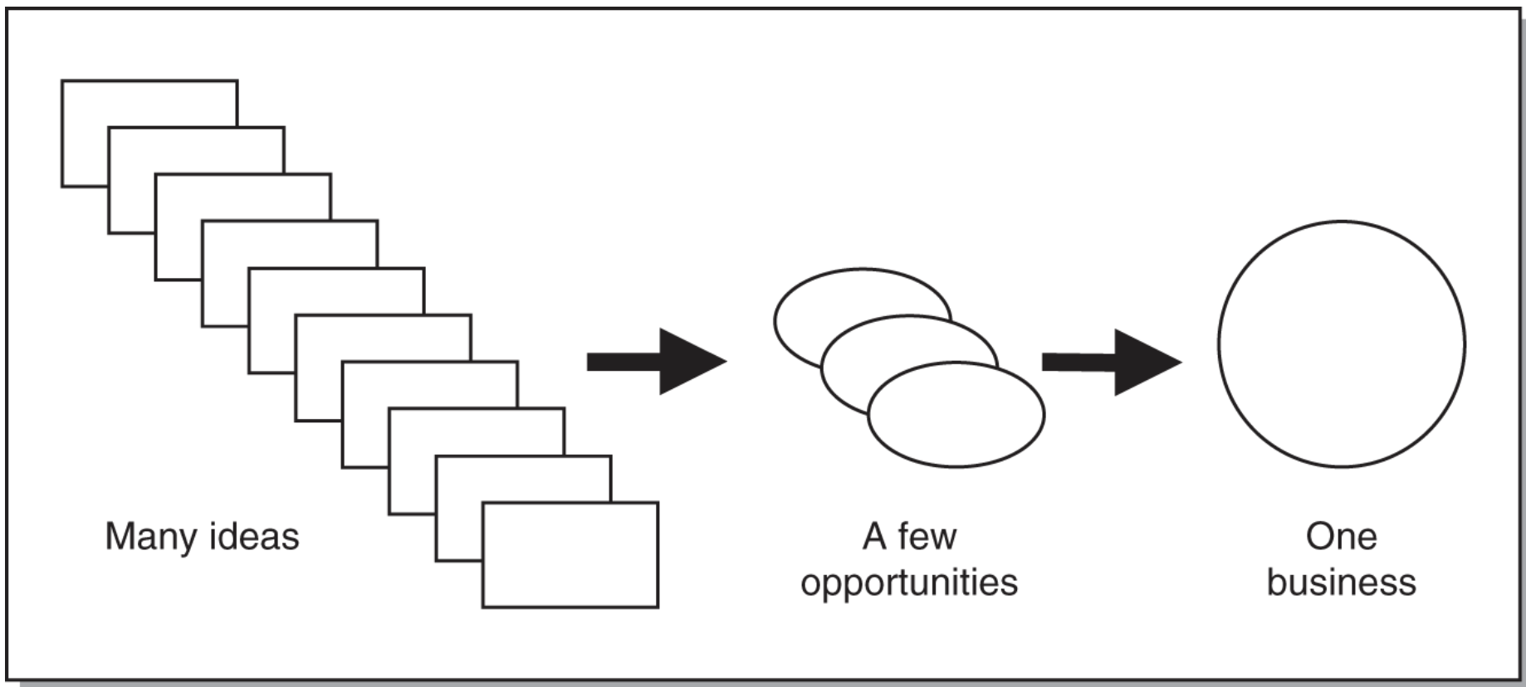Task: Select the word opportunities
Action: pos(909,582)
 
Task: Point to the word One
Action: pos(1341,537)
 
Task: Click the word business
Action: pos(1341,582)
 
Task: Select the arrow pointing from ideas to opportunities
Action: pos(656,362)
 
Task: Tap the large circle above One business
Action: pos(1341,343)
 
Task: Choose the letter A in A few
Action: pos(873,537)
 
